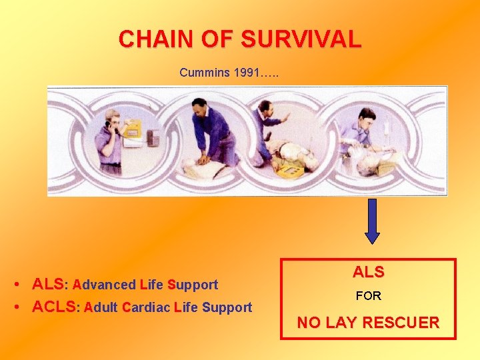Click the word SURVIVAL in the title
tap(301, 39)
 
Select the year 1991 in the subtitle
tap(247, 72)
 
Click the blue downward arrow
tap(372, 220)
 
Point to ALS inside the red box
tap(368, 272)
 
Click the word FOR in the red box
tap(368, 295)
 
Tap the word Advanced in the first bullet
tap(104, 285)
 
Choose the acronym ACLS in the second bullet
tap(54, 307)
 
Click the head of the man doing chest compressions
tap(199, 106)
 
